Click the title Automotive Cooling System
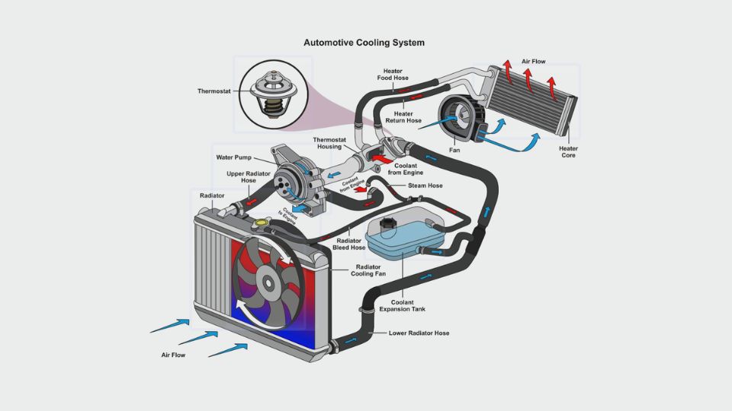point(364,43)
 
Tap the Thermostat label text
point(213,91)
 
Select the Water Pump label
point(234,158)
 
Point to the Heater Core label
point(568,152)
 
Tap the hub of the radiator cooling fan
point(268,282)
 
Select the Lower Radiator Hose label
point(419,333)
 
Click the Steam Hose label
point(425,185)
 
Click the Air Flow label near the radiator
point(173,355)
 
